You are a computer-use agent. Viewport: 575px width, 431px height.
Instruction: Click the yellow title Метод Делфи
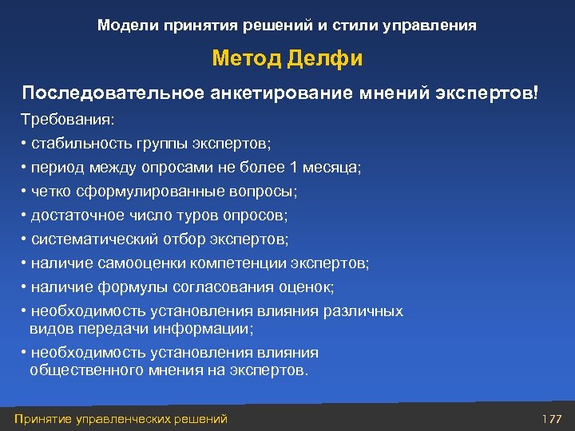[287, 59]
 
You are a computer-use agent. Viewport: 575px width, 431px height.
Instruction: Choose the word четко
[50, 192]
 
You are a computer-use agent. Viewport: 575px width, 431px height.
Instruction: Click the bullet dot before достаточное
[25, 215]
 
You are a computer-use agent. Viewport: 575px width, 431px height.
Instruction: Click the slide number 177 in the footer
[552, 419]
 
